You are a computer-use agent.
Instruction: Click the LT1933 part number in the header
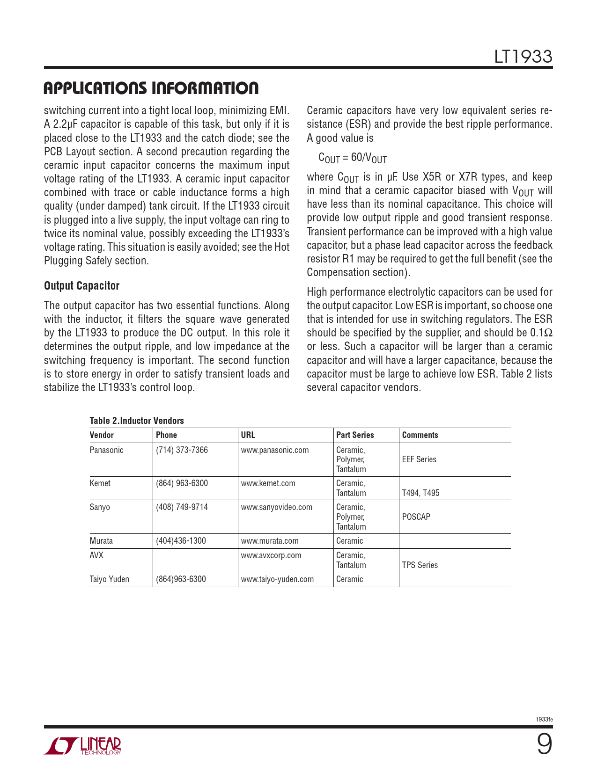[523, 57]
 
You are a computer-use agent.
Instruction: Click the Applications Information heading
[151, 88]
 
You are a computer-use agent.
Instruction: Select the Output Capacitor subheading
[81, 286]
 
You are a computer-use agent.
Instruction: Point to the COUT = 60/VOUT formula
[352, 158]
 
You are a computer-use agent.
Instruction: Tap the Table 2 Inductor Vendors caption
[137, 421]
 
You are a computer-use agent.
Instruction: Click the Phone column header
[166, 435]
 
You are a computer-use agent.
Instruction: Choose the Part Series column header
[355, 435]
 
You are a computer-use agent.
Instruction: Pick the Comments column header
[420, 435]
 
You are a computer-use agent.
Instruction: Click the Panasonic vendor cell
[106, 450]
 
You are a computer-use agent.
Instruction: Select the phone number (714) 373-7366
[182, 450]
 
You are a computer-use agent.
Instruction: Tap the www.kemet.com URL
[268, 483]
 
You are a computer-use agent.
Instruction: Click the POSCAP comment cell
[416, 517]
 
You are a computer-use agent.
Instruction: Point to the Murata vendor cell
[101, 541]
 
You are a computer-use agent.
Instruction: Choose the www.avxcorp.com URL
[271, 555]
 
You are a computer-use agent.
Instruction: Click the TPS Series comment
[420, 565]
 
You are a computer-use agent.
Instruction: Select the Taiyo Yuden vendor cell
[109, 579]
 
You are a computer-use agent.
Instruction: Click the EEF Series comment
[419, 459]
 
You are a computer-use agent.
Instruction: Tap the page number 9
[544, 744]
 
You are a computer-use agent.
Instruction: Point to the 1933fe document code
[544, 719]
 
